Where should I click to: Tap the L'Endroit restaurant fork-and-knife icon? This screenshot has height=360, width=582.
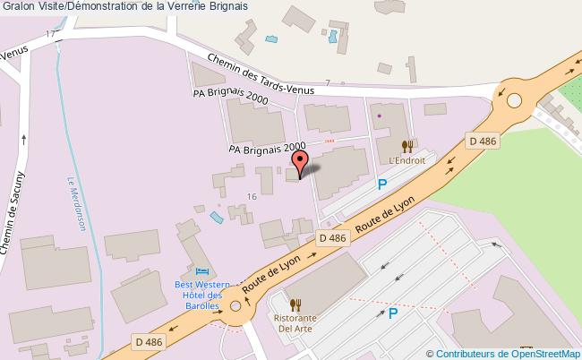click(x=407, y=146)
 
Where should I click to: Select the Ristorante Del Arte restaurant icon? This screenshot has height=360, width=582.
click(x=295, y=305)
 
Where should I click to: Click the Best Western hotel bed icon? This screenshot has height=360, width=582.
click(x=202, y=271)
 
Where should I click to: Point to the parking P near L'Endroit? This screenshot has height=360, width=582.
click(x=381, y=185)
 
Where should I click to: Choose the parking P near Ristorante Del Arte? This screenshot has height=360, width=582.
click(x=392, y=313)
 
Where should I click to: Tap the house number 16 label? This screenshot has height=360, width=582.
click(x=252, y=196)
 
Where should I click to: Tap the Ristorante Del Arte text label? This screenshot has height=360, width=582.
click(x=295, y=321)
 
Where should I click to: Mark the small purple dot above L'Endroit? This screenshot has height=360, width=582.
click(x=378, y=116)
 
